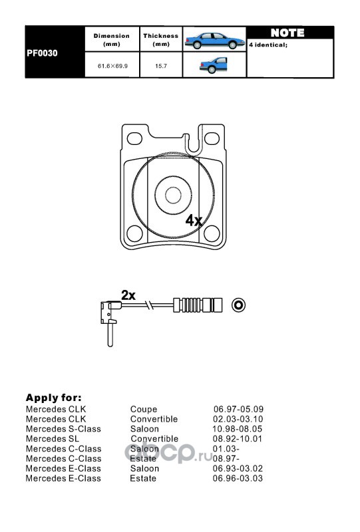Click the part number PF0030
[x=42, y=53]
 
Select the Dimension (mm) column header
[x=112, y=40]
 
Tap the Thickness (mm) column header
[x=160, y=40]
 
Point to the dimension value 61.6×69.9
[x=112, y=66]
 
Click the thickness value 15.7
[x=161, y=66]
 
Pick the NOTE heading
[x=287, y=33]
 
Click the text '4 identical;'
[x=268, y=45]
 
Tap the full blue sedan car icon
[x=215, y=41]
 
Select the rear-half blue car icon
[x=214, y=65]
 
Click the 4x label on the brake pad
[x=194, y=221]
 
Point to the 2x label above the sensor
[x=128, y=295]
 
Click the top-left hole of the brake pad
[x=134, y=138]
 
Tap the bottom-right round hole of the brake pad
[x=212, y=233]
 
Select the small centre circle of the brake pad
[x=173, y=196]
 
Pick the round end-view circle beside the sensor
[x=238, y=305]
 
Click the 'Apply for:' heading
[x=54, y=398]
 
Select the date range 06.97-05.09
[x=238, y=409]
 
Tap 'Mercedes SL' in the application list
[x=53, y=439]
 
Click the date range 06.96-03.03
[x=238, y=478]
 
